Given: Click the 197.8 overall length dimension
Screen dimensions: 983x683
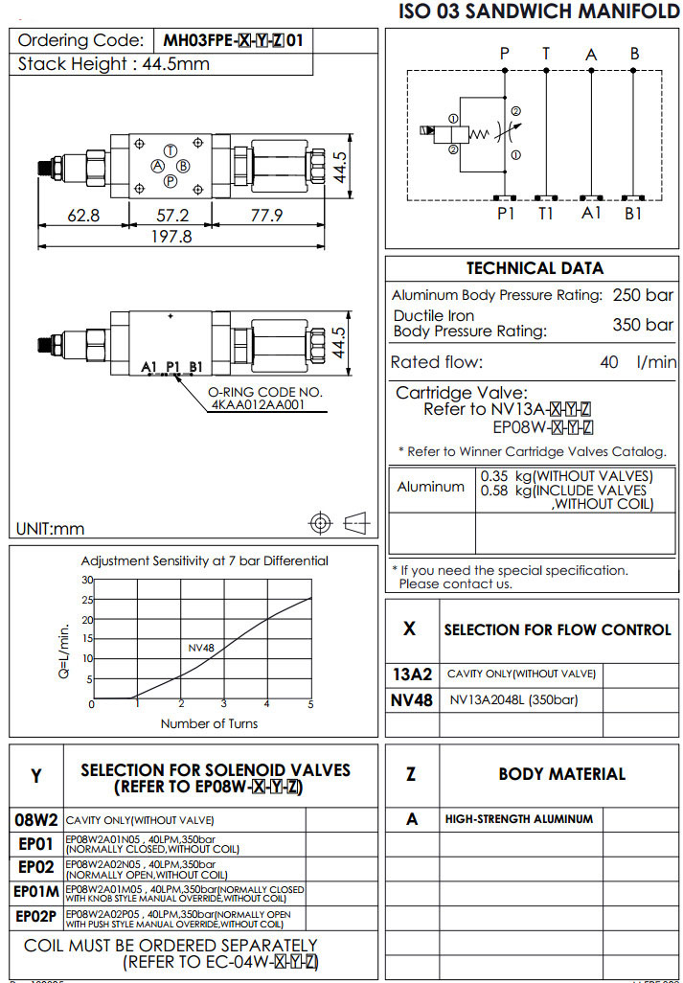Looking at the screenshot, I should (x=171, y=236).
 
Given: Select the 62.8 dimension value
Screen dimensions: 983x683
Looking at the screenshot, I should (x=83, y=216).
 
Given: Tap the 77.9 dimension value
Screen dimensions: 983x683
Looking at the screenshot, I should (x=265, y=216).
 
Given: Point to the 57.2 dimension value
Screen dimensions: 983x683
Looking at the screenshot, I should (x=171, y=216).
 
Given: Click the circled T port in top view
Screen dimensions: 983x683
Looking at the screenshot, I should (x=170, y=151).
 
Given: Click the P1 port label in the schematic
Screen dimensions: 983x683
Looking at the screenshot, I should (x=506, y=214).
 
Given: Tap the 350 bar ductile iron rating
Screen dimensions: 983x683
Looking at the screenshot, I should (x=643, y=325).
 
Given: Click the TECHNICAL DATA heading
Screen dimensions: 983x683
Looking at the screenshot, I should (x=535, y=268).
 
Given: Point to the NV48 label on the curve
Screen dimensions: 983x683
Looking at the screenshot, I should (x=200, y=648).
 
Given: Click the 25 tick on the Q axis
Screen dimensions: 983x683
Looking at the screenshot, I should (x=87, y=600).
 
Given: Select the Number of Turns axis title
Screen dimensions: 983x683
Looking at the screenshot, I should (x=209, y=723).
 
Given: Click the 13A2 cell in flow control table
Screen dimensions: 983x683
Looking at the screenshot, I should (x=413, y=674).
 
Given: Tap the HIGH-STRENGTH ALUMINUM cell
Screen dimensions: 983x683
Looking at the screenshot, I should (x=518, y=819).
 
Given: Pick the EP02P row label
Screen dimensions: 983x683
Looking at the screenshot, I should (x=36, y=918).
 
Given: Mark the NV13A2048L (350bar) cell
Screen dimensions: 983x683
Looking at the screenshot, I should (x=513, y=699).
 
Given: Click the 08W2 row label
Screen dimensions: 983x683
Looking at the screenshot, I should (x=36, y=820).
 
